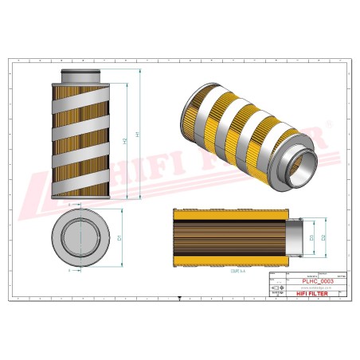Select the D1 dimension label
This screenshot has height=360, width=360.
119,238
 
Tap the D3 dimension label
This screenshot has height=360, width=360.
311,237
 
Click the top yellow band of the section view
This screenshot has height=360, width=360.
226,214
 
